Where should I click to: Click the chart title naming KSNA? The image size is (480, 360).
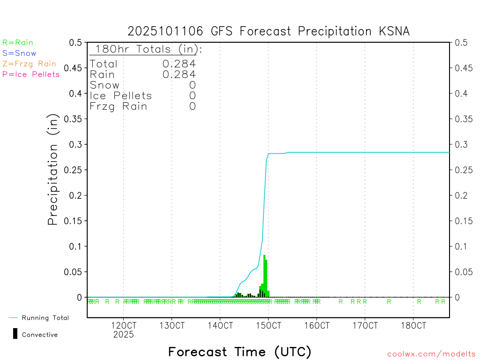point(269,31)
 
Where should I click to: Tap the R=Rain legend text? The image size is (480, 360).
point(18,43)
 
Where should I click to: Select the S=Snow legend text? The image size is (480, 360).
point(19,53)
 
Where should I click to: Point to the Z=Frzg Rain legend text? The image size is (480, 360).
point(29,64)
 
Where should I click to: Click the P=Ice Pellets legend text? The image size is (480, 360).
point(31,74)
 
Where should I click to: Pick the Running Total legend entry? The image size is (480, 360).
point(45,318)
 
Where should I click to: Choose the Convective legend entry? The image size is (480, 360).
point(39,335)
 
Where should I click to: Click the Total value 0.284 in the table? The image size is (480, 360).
point(179,64)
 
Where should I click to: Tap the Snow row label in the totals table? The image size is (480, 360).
point(105,85)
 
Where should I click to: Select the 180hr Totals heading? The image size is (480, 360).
point(146,49)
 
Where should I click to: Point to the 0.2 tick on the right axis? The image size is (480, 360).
point(460,195)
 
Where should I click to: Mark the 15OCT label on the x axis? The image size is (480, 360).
point(268,325)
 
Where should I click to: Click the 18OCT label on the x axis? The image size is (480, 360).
point(413,325)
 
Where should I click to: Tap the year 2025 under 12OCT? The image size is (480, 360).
point(123,335)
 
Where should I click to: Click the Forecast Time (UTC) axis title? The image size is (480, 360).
point(240,352)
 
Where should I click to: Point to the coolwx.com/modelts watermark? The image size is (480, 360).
point(431,354)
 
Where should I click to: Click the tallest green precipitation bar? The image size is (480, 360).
point(264,277)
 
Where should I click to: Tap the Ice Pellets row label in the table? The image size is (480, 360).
point(121,96)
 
